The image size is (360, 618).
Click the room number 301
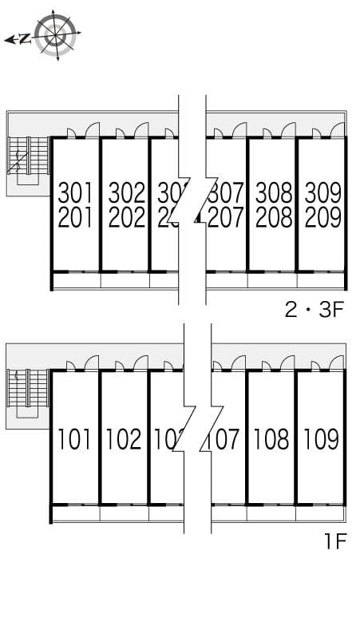coord(76,192)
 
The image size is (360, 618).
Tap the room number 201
coord(76,217)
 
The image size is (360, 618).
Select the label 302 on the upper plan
coord(126,192)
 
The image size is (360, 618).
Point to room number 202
coord(126,217)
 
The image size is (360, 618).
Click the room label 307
coord(226,192)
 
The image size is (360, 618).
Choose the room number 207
coord(226,217)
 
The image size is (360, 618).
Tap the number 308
coord(274,192)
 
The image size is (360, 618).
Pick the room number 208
coord(274,217)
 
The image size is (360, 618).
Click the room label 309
coord(322,192)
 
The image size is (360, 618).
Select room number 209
coord(322,217)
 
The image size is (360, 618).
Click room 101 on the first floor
coord(75,439)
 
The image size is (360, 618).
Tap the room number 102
coord(124,439)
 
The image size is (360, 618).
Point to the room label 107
coord(225,439)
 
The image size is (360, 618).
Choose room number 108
coord(272,439)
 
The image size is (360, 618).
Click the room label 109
coord(321,439)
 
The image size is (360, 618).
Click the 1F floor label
coord(334,543)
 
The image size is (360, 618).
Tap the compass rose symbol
coord(56,36)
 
